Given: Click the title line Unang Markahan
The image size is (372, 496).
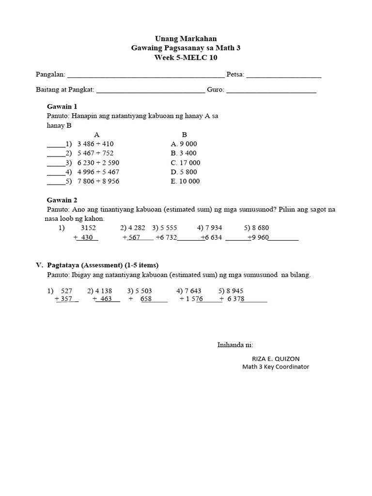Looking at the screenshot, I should click(x=186, y=38).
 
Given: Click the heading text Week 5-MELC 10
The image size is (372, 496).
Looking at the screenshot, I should click(x=186, y=57).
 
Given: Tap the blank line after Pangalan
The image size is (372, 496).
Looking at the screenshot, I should click(x=145, y=76).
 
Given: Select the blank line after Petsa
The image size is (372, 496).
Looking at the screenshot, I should click(x=283, y=76).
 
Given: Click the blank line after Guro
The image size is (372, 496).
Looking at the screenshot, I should click(x=271, y=91).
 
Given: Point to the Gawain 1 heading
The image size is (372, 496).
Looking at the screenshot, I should click(x=62, y=106).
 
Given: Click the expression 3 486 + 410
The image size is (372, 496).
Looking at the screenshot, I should click(x=95, y=144).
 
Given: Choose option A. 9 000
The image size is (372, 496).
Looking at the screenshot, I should click(x=184, y=144).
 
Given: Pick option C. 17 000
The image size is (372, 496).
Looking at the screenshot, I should click(x=186, y=163).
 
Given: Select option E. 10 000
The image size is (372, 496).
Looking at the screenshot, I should click(x=186, y=181).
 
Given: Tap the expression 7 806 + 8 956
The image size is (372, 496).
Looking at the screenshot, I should click(x=98, y=181).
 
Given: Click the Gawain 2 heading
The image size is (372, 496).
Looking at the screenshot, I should click(x=62, y=200).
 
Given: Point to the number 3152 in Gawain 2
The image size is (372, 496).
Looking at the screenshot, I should click(x=88, y=228).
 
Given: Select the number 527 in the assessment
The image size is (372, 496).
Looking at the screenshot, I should click(x=66, y=291).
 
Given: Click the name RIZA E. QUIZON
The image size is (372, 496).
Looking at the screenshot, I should click(x=276, y=358).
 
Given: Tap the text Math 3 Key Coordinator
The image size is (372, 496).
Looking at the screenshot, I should click(x=276, y=367).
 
